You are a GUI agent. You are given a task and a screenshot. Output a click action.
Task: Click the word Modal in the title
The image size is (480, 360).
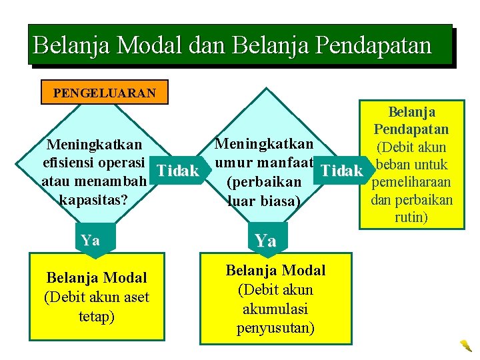(x=150, y=45)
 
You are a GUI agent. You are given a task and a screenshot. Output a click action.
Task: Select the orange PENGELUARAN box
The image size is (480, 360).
(x=105, y=93)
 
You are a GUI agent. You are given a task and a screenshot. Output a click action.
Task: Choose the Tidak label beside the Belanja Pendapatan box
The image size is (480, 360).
(x=342, y=171)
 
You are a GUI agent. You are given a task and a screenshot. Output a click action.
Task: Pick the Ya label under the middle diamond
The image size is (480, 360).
(x=266, y=241)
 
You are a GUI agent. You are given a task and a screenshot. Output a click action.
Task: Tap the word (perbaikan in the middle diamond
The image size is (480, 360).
(x=259, y=181)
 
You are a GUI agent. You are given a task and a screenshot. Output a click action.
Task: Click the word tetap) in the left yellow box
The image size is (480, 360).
(x=97, y=315)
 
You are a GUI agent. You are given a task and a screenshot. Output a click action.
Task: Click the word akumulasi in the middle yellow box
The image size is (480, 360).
(x=275, y=309)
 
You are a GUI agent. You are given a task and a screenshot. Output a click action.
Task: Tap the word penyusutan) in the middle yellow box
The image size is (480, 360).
(x=275, y=328)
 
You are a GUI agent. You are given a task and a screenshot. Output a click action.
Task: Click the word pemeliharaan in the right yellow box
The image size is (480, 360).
(x=411, y=183)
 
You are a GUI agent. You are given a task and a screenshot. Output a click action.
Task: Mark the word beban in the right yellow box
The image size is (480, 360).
(x=395, y=165)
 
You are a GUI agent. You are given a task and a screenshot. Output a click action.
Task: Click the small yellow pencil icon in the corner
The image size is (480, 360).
(x=465, y=345)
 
